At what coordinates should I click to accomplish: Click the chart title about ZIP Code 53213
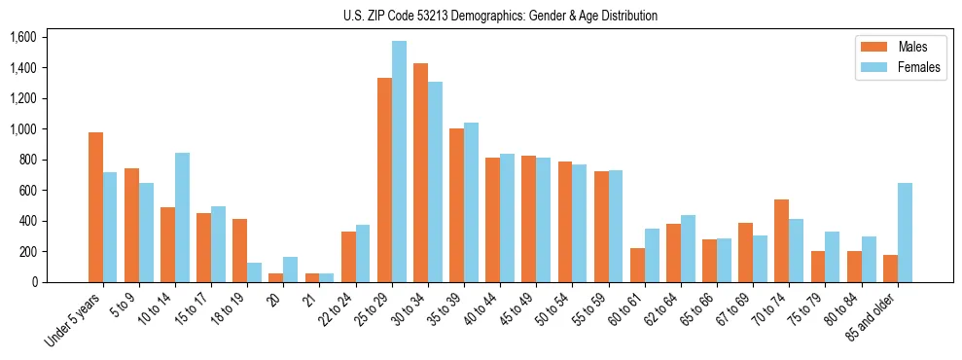click(500, 16)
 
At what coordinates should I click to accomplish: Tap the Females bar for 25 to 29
click(399, 162)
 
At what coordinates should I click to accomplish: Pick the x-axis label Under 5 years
click(73, 320)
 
